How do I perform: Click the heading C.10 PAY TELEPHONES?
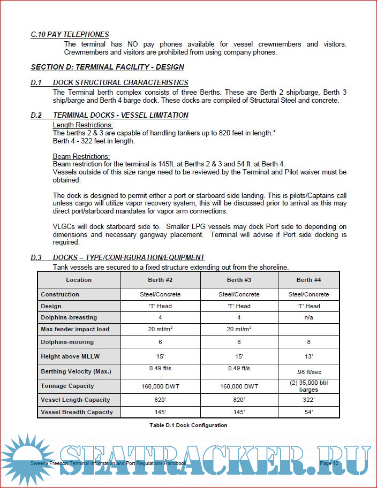[x=70, y=34]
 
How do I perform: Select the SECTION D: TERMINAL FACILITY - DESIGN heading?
[x=107, y=67]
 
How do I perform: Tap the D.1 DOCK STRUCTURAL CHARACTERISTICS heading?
[x=109, y=82]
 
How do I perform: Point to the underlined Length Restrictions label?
[x=82, y=125]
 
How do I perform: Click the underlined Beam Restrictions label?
[x=81, y=156]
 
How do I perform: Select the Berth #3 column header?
[x=239, y=280]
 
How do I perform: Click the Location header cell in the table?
[x=79, y=280]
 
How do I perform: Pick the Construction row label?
[x=60, y=294]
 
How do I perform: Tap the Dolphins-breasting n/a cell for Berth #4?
[x=308, y=318]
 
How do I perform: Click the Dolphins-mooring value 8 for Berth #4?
[x=308, y=342]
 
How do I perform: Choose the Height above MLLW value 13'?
[x=308, y=356]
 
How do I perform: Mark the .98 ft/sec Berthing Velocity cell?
[x=308, y=372]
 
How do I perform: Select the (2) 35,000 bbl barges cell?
[x=308, y=386]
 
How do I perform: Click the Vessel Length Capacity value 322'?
[x=308, y=400]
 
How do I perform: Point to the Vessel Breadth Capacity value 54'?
[x=308, y=412]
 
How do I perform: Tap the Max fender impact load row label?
[x=75, y=329]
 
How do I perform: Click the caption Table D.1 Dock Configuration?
[x=188, y=425]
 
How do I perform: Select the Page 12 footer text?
[x=329, y=463]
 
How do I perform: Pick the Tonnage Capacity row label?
[x=67, y=386]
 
